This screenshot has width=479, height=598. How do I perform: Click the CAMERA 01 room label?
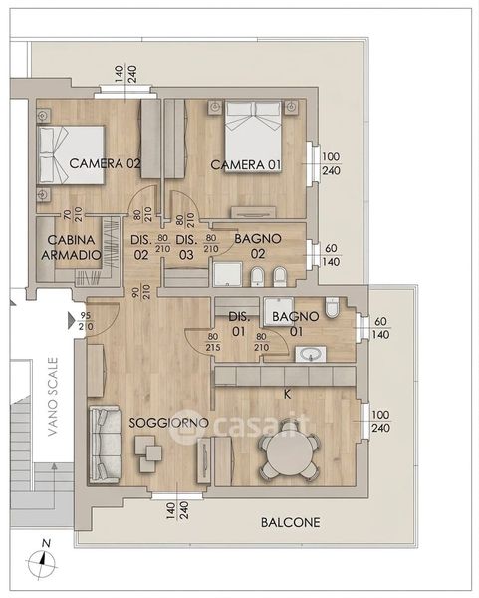click(246, 165)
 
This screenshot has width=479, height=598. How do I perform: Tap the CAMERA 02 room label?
click(105, 163)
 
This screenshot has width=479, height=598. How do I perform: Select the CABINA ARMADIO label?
click(71, 247)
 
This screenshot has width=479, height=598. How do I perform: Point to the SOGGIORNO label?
click(169, 423)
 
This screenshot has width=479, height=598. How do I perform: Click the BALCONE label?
click(291, 522)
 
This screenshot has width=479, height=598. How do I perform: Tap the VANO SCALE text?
click(53, 396)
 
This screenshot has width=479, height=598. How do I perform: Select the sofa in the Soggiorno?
click(105, 445)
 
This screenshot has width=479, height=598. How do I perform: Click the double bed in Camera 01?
click(253, 137)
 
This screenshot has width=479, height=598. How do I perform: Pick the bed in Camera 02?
click(71, 154)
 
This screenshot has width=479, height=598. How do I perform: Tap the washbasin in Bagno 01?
click(311, 354)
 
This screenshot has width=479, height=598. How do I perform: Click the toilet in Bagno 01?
click(333, 307)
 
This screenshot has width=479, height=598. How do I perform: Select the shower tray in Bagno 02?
click(227, 273)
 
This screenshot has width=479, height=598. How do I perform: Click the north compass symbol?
click(42, 559)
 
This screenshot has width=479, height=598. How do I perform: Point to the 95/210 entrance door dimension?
click(86, 321)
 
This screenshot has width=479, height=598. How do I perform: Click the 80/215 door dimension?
click(213, 342)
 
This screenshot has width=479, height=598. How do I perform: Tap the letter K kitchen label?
click(288, 395)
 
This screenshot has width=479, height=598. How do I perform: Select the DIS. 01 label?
click(239, 324)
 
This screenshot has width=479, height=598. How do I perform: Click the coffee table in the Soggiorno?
click(147, 453)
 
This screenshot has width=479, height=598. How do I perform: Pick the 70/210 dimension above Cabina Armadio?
click(72, 214)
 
